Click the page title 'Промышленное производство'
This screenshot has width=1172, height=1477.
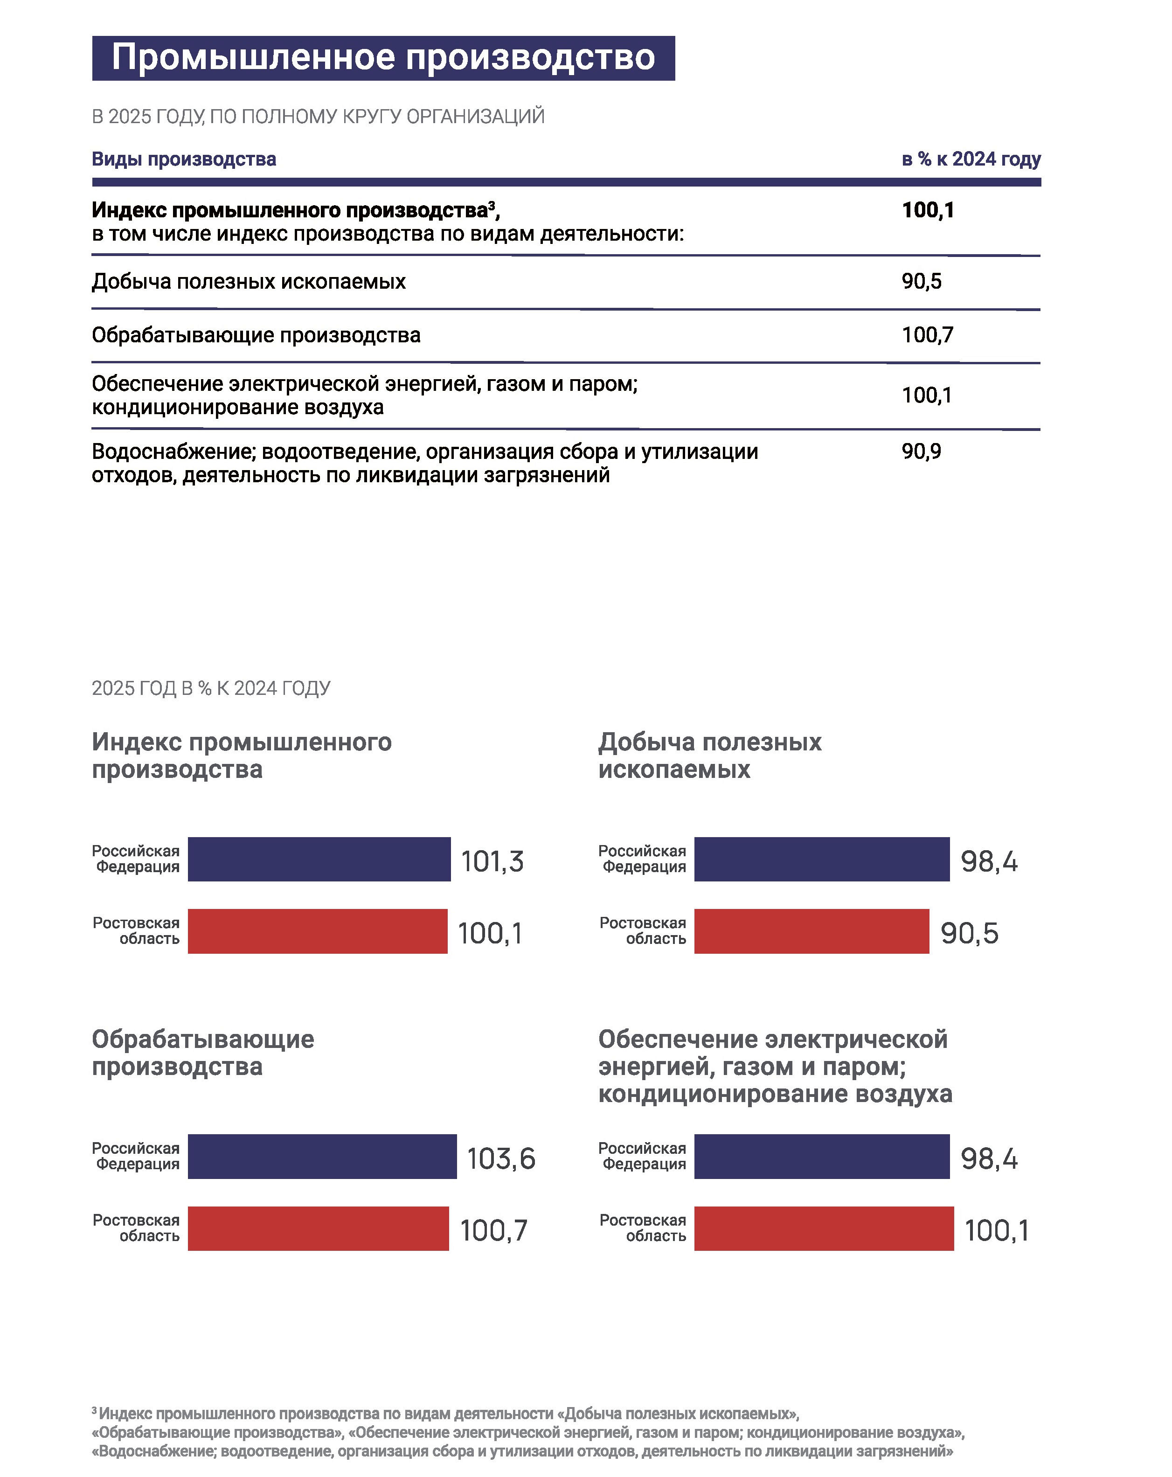[383, 57]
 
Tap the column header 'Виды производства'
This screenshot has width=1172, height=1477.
[184, 159]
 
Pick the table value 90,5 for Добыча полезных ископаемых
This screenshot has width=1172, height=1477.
[921, 281]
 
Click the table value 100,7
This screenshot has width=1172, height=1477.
[928, 335]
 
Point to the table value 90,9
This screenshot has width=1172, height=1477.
[921, 451]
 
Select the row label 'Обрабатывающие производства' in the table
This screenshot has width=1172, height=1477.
[256, 335]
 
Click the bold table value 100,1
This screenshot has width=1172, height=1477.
[928, 209]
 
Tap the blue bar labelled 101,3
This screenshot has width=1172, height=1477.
[319, 859]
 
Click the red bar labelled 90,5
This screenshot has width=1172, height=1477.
[811, 931]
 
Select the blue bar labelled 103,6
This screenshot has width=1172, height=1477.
[322, 1157]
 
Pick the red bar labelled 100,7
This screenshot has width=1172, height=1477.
[319, 1228]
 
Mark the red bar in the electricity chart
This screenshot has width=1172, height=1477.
[824, 1228]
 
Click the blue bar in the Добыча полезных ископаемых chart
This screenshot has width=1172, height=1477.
[822, 859]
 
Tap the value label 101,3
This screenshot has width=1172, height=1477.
[492, 861]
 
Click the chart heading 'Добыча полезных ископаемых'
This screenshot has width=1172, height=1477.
[710, 756]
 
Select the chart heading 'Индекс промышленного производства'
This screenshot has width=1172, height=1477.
[242, 756]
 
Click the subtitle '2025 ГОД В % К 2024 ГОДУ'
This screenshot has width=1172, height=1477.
[211, 688]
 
